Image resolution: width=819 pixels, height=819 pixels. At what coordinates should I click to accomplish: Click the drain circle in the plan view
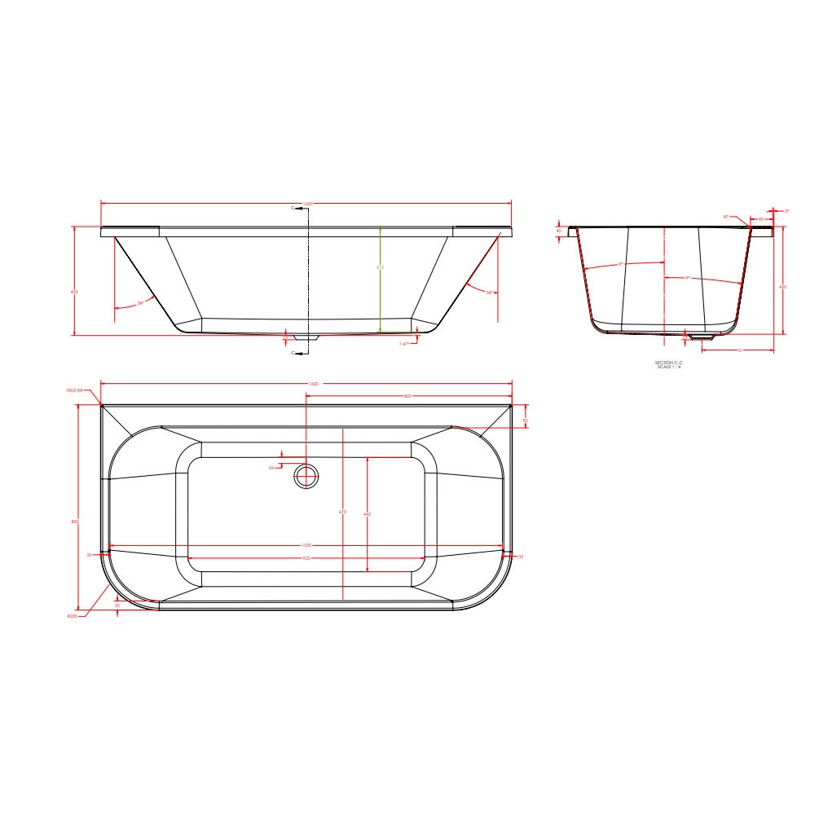(306, 476)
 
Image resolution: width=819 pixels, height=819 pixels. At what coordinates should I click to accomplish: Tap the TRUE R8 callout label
(74, 391)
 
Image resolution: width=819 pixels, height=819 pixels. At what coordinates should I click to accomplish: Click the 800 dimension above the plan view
(407, 396)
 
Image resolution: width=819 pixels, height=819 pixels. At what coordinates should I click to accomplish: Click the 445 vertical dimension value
(368, 514)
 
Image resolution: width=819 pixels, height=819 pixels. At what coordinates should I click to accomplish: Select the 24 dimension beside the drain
(271, 468)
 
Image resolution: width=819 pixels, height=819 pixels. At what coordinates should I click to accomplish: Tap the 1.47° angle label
(403, 344)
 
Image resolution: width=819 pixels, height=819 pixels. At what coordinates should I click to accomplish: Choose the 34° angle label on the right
(489, 292)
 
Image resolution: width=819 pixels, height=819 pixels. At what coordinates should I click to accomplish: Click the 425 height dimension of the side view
(75, 292)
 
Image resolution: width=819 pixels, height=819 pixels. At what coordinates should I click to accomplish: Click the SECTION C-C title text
(668, 363)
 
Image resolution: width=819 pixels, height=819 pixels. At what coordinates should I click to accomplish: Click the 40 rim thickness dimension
(559, 231)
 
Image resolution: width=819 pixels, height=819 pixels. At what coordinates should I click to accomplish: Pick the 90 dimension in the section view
(760, 219)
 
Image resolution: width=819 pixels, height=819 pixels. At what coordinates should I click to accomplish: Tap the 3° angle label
(786, 211)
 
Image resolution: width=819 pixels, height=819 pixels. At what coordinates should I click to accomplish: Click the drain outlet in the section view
(700, 335)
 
